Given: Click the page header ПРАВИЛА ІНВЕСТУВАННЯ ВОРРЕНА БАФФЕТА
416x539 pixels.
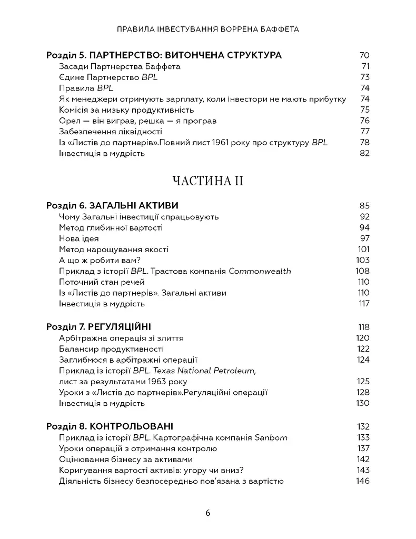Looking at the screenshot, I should tap(208, 29).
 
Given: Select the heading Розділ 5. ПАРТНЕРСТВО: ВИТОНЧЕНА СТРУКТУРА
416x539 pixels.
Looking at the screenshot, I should tap(164, 55).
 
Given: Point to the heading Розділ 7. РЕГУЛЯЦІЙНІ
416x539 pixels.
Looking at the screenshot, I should tap(103, 326).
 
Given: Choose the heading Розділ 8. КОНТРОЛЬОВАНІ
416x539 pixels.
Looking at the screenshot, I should tap(110, 426).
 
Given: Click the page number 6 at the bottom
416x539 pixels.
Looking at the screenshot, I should tap(208, 513).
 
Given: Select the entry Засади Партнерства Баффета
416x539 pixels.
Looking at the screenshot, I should tap(120, 66).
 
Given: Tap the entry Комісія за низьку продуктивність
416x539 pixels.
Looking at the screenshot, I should tap(126, 110).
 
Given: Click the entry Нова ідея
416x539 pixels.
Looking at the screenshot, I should tap(79, 238).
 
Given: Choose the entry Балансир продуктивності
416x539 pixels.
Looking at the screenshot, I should tap(112, 348).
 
